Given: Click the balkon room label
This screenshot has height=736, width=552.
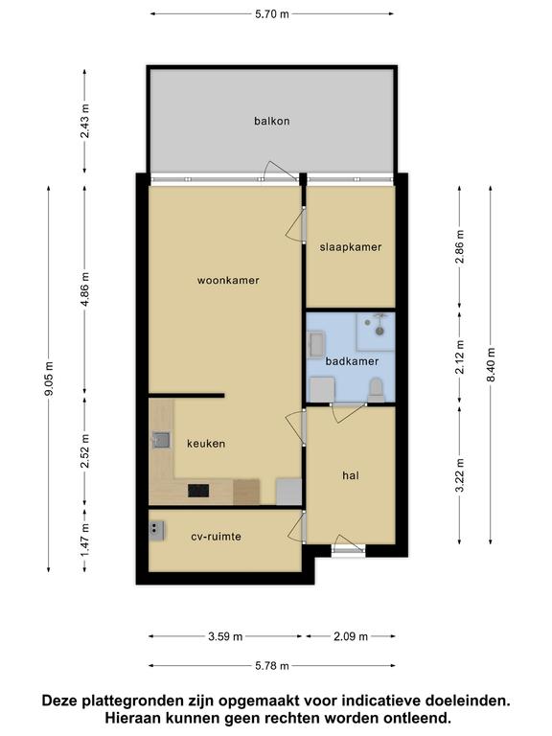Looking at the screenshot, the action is click(x=272, y=121).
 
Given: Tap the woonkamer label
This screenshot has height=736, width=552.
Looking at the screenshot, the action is click(x=228, y=280).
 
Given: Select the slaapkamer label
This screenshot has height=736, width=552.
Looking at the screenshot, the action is click(x=351, y=247).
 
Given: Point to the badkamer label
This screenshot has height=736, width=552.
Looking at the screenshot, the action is click(x=352, y=361).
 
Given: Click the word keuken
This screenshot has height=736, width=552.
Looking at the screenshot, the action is click(x=206, y=444).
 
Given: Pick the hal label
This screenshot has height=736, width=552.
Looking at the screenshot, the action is click(x=351, y=475).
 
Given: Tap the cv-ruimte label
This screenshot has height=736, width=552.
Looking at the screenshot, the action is click(x=216, y=536).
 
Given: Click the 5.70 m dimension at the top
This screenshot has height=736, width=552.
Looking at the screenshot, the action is click(x=272, y=14).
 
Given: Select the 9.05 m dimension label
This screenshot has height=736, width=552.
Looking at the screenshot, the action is click(x=49, y=379).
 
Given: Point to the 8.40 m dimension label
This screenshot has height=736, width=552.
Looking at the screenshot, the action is click(x=491, y=365).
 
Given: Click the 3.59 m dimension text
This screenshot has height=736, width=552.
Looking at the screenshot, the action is click(x=225, y=636).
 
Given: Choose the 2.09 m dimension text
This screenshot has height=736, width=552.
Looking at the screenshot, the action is click(x=351, y=636).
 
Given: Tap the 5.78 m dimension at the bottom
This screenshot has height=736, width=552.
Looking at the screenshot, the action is click(x=272, y=666).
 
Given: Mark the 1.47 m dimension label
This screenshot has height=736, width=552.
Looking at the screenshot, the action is click(x=85, y=540).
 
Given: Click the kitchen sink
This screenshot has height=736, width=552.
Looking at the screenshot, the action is click(x=161, y=440).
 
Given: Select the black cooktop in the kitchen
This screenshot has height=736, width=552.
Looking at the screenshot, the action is click(x=198, y=491).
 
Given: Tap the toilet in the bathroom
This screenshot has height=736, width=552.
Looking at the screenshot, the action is click(x=376, y=391).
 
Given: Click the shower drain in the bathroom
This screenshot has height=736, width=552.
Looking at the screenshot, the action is click(x=379, y=331).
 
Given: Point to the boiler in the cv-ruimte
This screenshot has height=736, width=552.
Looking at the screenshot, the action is click(x=157, y=530).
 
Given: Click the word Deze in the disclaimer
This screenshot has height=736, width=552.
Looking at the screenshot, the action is click(x=59, y=701).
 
